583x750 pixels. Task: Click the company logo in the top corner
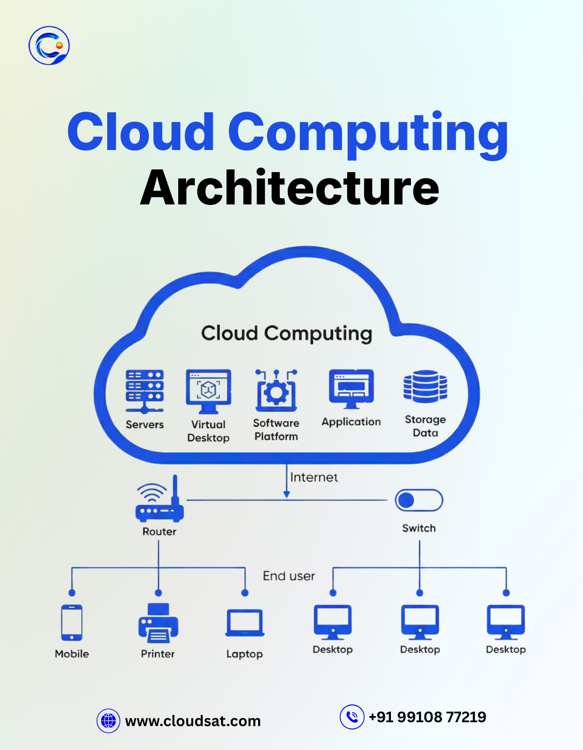[49, 45]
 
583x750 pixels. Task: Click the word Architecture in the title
[289, 188]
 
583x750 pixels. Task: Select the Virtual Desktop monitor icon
[208, 391]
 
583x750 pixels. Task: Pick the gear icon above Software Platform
[276, 391]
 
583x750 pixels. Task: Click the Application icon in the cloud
[351, 388]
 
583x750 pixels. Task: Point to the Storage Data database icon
[425, 386]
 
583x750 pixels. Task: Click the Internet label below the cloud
[314, 477]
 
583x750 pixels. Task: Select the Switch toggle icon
[419, 500]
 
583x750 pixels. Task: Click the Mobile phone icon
[72, 623]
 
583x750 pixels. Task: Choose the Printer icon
[158, 623]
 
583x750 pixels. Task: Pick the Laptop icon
[245, 623]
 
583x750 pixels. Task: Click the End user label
[289, 576]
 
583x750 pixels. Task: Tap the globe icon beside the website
[108, 721]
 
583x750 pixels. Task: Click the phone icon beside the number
[352, 717]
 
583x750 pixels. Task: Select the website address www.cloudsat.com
[193, 721]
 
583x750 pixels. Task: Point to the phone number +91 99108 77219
[427, 717]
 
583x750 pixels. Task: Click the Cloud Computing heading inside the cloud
[287, 333]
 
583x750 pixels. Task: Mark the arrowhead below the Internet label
[287, 494]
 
